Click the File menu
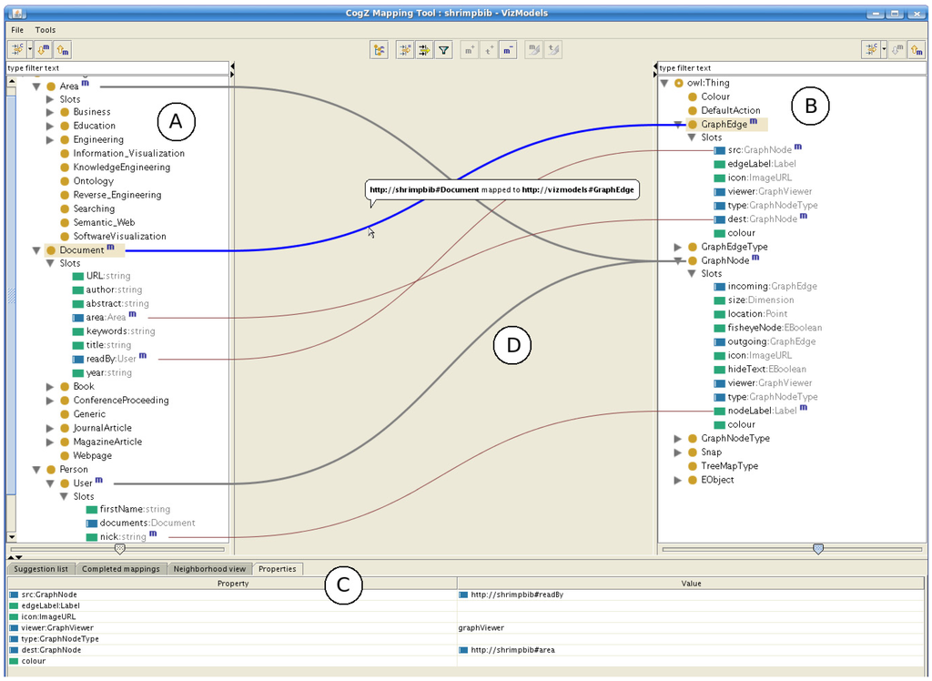pyautogui.click(x=17, y=30)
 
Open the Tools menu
pyautogui.click(x=46, y=30)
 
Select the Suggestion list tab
pyautogui.click(x=39, y=569)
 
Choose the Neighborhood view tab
pyautogui.click(x=211, y=569)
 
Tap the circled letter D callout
pyautogui.click(x=512, y=344)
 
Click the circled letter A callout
pyautogui.click(x=177, y=121)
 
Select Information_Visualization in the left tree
pyautogui.click(x=128, y=154)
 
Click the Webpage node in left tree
pyautogui.click(x=92, y=455)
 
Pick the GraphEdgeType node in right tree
pyautogui.click(x=734, y=247)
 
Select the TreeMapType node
pyautogui.click(x=729, y=466)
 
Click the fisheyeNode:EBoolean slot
pyautogui.click(x=774, y=328)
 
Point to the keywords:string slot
pyautogui.click(x=120, y=331)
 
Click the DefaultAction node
pyautogui.click(x=730, y=110)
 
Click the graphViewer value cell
pyautogui.click(x=481, y=627)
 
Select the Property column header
pyautogui.click(x=233, y=583)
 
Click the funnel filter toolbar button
pyautogui.click(x=443, y=51)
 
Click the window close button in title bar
pyautogui.click(x=917, y=14)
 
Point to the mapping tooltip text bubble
pyautogui.click(x=503, y=190)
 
